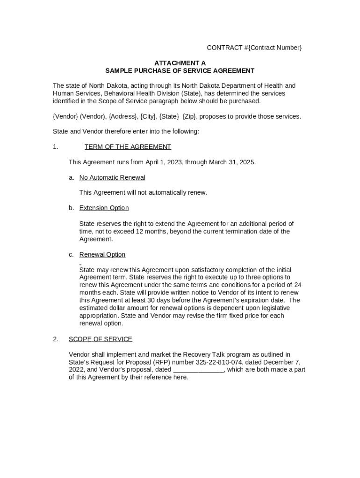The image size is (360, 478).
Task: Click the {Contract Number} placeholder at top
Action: pos(273,48)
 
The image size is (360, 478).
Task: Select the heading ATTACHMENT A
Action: pos(180,63)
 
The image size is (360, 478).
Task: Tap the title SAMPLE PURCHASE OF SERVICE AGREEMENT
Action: pos(180,71)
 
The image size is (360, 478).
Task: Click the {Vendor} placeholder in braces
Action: pos(65,116)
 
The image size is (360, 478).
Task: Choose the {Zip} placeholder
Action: pos(189,116)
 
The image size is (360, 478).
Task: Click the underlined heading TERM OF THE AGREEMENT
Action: pos(128,147)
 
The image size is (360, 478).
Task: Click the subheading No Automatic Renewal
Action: pos(112,177)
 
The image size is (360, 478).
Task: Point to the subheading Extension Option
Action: pos(104,208)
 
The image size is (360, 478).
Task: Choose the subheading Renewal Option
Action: pos(102,254)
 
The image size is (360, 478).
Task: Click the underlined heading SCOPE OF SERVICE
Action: pos(101,339)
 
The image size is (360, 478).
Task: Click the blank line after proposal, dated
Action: pos(199,370)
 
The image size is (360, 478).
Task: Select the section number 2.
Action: pos(56,339)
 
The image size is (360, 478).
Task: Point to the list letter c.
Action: pos(71,254)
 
